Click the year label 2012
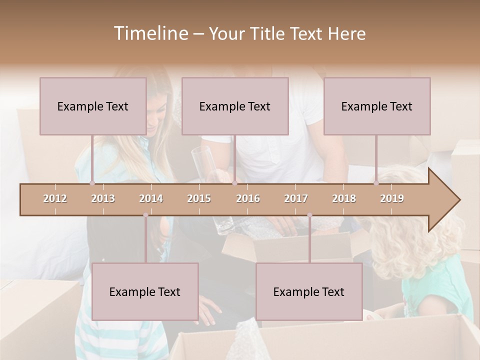(x=55, y=198)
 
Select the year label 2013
(x=103, y=198)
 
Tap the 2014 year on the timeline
(x=151, y=198)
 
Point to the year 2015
(x=199, y=198)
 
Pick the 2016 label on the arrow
(x=248, y=198)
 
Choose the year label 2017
(x=296, y=198)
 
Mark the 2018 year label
(x=344, y=198)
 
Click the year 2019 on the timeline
(x=392, y=198)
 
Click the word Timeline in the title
(x=150, y=33)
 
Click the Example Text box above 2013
(x=93, y=106)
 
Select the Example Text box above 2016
(x=235, y=106)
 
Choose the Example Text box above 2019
(x=377, y=106)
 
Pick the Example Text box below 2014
(x=145, y=291)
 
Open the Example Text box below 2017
(x=309, y=291)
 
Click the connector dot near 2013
(x=92, y=183)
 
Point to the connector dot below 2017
(x=309, y=215)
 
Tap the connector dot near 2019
(x=376, y=183)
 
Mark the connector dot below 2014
(x=145, y=215)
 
